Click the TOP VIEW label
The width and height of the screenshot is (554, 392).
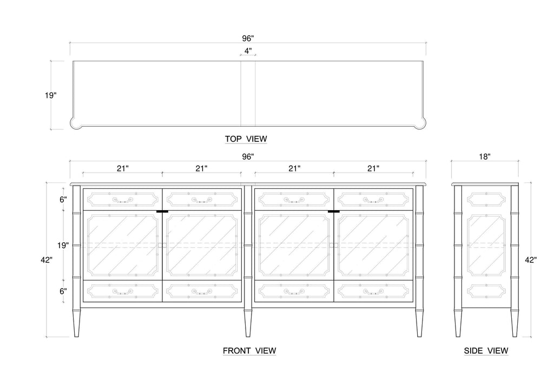click(x=246, y=139)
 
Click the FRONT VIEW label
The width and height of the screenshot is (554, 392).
click(x=249, y=351)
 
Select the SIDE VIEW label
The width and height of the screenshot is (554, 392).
click(x=486, y=351)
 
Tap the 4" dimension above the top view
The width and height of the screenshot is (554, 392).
click(x=248, y=50)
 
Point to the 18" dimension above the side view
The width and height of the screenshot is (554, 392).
click(x=485, y=156)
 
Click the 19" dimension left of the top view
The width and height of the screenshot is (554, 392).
click(x=50, y=95)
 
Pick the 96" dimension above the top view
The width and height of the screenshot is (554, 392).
click(x=248, y=38)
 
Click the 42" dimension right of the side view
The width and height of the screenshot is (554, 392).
click(x=531, y=260)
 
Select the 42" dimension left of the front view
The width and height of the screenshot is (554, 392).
click(x=47, y=260)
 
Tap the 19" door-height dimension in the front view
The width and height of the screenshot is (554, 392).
click(x=63, y=245)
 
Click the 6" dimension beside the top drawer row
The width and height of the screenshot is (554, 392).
click(x=63, y=199)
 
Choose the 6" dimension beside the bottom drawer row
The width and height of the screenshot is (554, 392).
click(x=63, y=291)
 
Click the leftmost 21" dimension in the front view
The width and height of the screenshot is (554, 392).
click(x=123, y=168)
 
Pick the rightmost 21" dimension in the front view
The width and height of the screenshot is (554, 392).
click(x=373, y=168)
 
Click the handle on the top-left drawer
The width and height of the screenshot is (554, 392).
click(x=122, y=200)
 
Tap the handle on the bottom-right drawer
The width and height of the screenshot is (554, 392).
click(x=373, y=292)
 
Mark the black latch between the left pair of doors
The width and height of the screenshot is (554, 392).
click(x=162, y=211)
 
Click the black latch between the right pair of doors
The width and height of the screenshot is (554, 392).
click(x=333, y=211)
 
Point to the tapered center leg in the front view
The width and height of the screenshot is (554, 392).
click(x=248, y=322)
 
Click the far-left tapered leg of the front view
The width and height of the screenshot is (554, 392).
click(x=77, y=322)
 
